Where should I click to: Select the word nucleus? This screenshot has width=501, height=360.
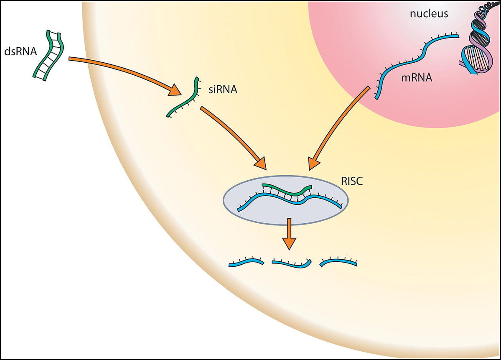coord(429,14)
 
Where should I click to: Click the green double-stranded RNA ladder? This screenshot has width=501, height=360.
coord(49,54)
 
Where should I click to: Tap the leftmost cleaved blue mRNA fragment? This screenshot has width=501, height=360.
coord(247,262)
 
